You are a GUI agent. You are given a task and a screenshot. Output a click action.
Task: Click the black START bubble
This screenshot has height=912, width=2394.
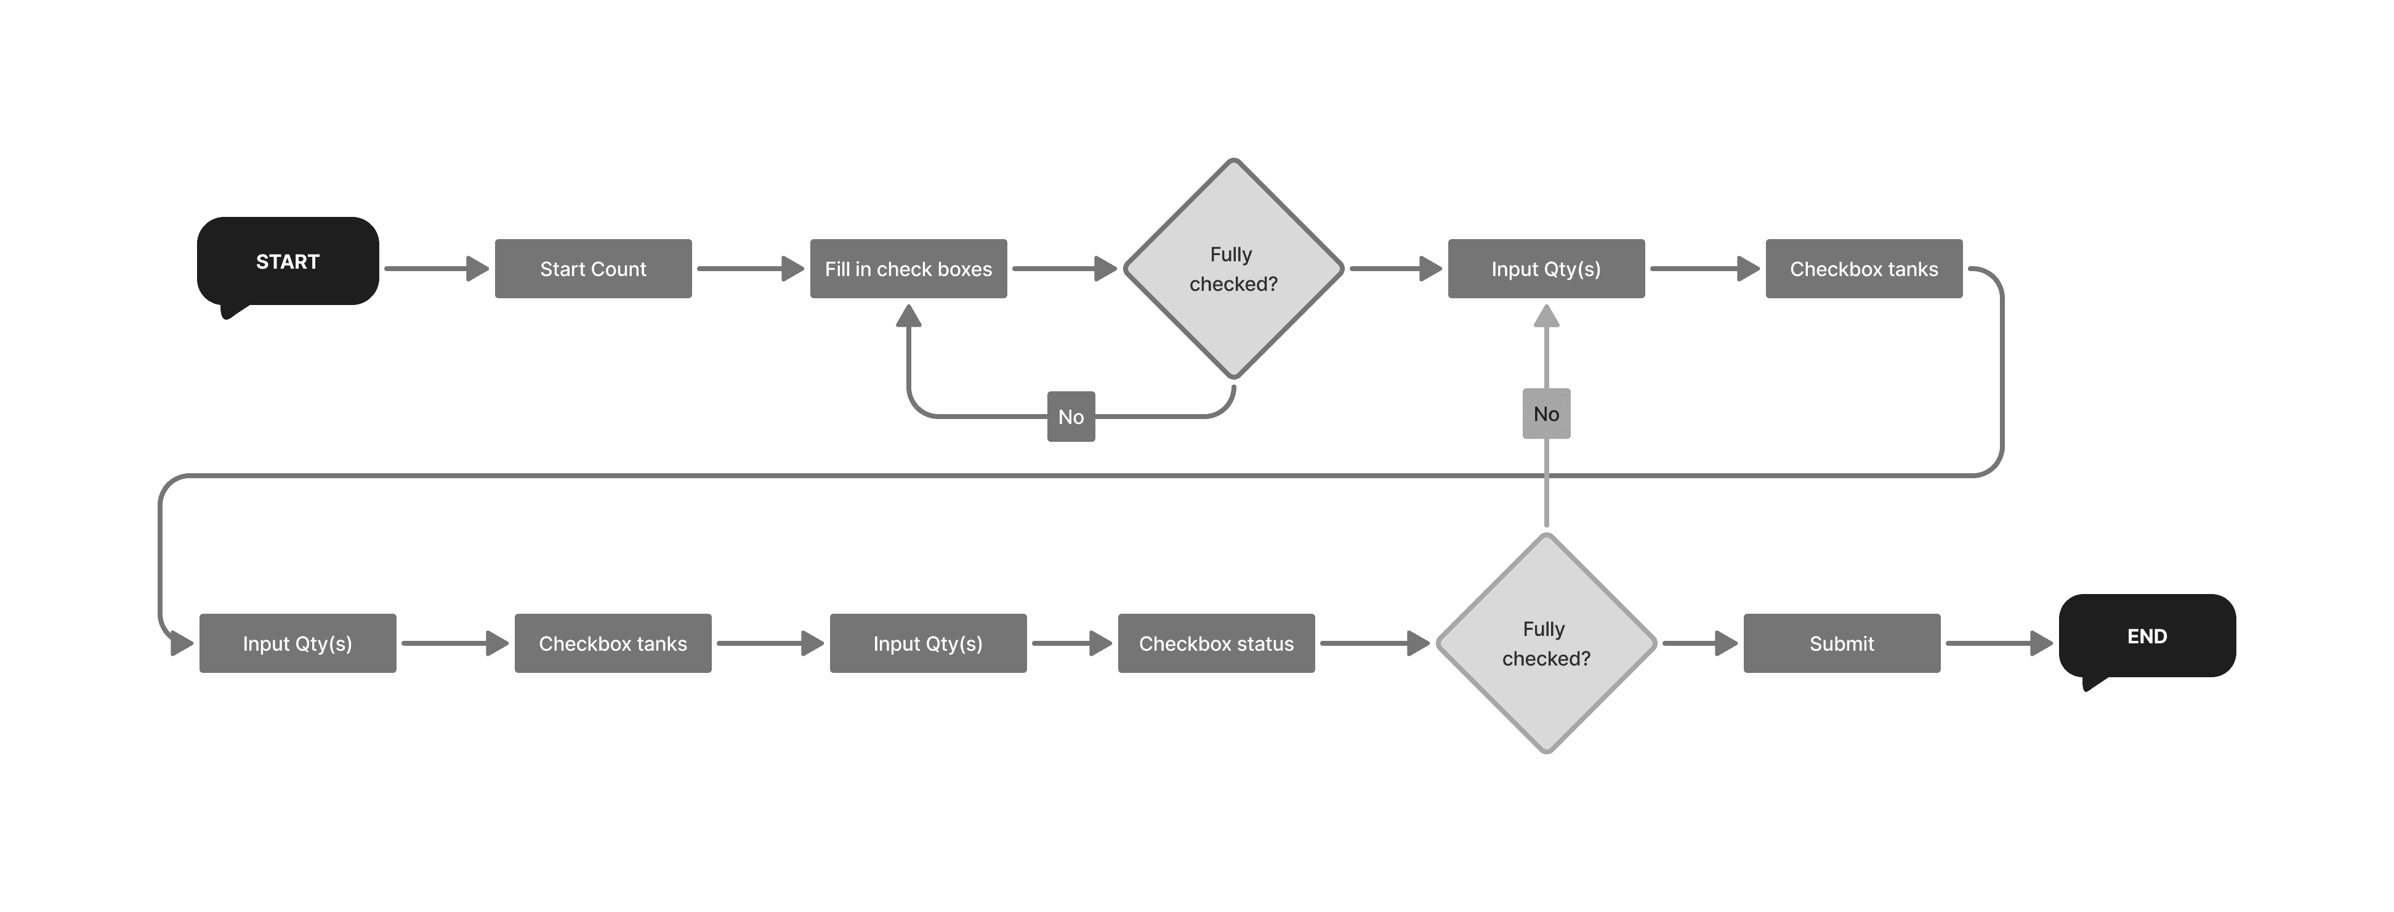tap(287, 261)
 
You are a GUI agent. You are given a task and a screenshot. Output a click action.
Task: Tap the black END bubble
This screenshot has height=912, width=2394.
tap(2147, 636)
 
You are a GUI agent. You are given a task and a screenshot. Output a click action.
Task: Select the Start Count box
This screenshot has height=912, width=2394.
tap(593, 269)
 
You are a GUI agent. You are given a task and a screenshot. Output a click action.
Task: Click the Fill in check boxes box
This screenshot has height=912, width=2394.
tap(908, 269)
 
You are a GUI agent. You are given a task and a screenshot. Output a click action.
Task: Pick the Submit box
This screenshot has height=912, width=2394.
tap(1841, 643)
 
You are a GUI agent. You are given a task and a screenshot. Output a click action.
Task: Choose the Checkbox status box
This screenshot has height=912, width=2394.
tap(1215, 643)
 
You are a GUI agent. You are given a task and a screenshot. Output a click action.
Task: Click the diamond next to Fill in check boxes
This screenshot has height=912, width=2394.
tap(1233, 269)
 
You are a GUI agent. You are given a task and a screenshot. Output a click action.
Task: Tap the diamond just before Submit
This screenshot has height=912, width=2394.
tap(1546, 643)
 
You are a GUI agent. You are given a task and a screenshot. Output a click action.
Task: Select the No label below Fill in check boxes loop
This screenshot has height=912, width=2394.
tap(1071, 417)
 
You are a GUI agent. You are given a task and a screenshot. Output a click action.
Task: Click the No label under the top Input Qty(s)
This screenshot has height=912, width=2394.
tap(1546, 413)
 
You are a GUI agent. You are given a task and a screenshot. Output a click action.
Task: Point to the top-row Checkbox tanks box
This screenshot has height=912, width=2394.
tap(1863, 269)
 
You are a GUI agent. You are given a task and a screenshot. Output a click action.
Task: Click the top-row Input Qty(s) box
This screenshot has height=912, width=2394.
tap(1546, 269)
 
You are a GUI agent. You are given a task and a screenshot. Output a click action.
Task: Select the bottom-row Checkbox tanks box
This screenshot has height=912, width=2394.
tap(613, 643)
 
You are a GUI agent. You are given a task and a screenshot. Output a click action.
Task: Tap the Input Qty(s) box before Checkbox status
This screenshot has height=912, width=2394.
tap(927, 643)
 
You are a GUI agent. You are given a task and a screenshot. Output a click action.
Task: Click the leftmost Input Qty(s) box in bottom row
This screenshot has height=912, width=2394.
tap(297, 643)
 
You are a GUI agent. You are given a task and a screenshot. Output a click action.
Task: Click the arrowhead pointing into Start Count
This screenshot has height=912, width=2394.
tap(478, 269)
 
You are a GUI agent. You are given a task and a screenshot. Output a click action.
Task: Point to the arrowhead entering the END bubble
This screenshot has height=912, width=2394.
tap(2042, 643)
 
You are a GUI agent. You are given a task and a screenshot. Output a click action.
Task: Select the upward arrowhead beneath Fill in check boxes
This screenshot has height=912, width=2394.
tap(908, 316)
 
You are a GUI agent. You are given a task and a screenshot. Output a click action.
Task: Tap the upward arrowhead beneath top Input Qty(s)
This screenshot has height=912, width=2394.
tap(1546, 316)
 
